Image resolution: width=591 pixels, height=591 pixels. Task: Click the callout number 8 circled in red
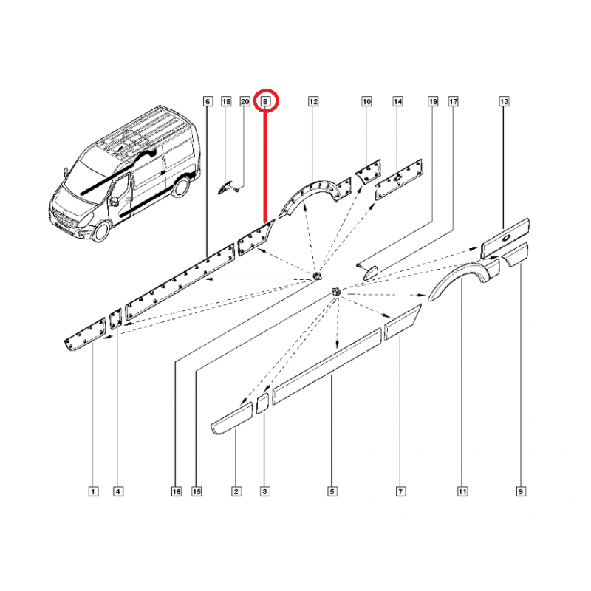coord(265,101)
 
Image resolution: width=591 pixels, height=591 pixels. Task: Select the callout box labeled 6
coord(208,101)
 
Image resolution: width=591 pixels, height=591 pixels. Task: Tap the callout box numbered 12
coord(313,101)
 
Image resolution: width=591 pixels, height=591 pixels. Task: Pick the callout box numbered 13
coord(504,101)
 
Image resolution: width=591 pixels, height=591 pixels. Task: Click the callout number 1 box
coord(93,491)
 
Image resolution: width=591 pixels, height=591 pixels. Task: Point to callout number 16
coord(177,491)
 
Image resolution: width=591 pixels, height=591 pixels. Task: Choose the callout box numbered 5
coord(332,491)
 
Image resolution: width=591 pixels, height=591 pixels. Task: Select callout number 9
coord(521,491)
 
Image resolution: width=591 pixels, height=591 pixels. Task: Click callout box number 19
coord(433,101)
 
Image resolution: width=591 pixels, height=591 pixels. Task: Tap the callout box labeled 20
coord(245,101)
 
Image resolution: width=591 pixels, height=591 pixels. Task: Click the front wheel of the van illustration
coord(100,231)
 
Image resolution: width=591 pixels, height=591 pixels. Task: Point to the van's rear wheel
coord(180,187)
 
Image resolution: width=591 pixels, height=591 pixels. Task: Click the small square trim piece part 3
coord(263,403)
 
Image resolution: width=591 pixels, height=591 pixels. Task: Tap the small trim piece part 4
coord(116,319)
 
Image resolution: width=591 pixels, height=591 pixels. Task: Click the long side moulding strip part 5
coord(327,366)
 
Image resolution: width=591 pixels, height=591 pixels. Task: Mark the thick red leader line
coord(265,165)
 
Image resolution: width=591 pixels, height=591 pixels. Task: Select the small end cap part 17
coord(371,272)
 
